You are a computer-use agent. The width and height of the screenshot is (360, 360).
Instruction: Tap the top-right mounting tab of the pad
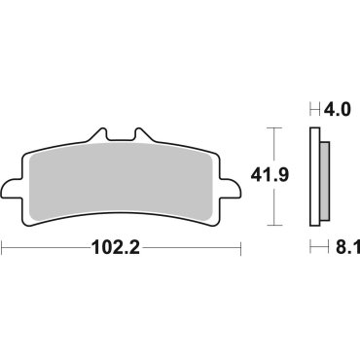click(x=144, y=138)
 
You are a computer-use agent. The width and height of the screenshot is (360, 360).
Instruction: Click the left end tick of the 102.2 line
click(x=3, y=248)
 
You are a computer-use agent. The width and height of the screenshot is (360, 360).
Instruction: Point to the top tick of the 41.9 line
click(x=273, y=127)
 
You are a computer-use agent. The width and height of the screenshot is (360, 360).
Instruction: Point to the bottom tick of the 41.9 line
click(x=273, y=226)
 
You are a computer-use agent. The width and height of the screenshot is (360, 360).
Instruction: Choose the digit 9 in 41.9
click(x=311, y=177)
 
